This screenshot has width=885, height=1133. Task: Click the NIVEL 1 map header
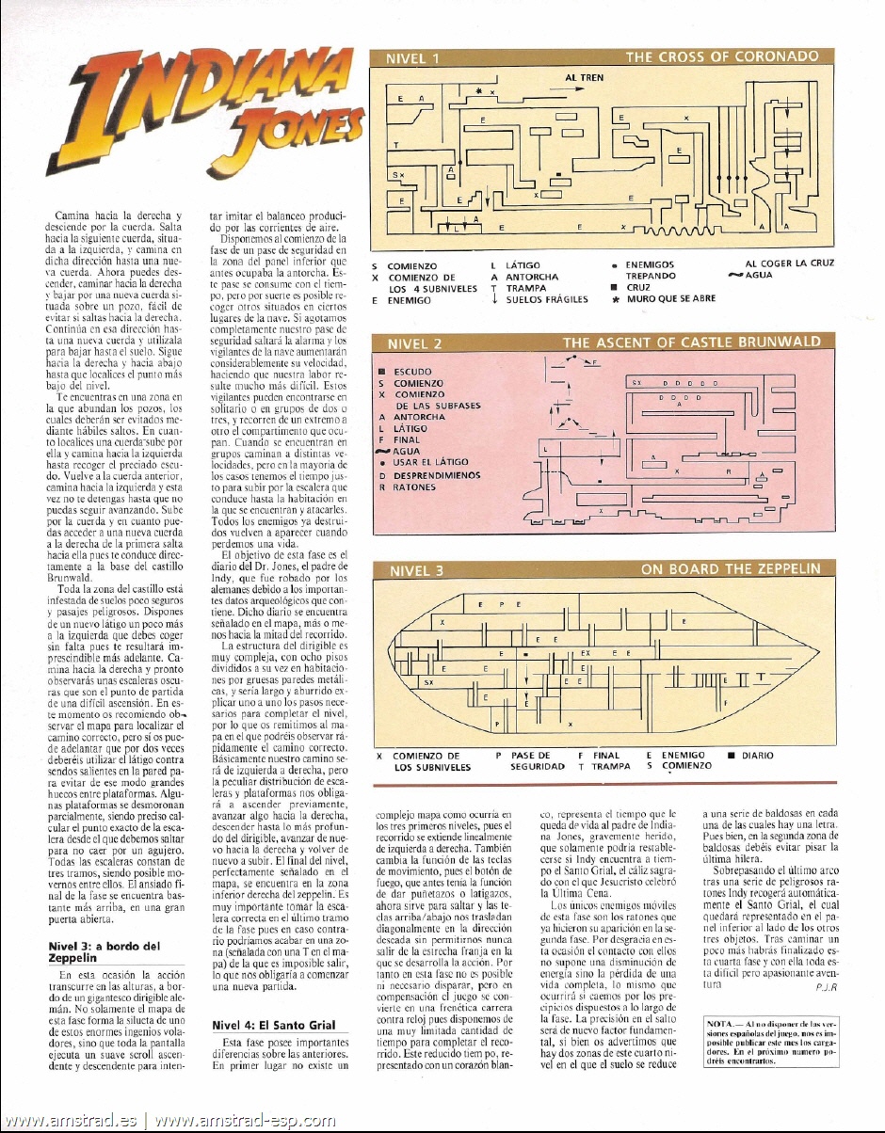(x=412, y=59)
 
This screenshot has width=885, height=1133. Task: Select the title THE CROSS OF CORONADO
(x=721, y=57)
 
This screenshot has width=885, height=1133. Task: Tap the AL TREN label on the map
(x=584, y=77)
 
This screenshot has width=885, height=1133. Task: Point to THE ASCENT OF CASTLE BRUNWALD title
(x=691, y=343)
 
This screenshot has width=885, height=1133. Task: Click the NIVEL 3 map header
(x=413, y=570)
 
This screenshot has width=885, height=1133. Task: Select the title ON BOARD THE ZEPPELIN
(x=732, y=569)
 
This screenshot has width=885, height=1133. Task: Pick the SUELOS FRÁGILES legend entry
(x=546, y=299)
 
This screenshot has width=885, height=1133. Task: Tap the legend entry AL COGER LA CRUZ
(x=782, y=264)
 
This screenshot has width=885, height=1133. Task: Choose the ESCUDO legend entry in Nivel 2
(x=410, y=372)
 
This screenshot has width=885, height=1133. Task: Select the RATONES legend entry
(x=413, y=487)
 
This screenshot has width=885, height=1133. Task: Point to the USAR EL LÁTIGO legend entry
(x=432, y=463)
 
